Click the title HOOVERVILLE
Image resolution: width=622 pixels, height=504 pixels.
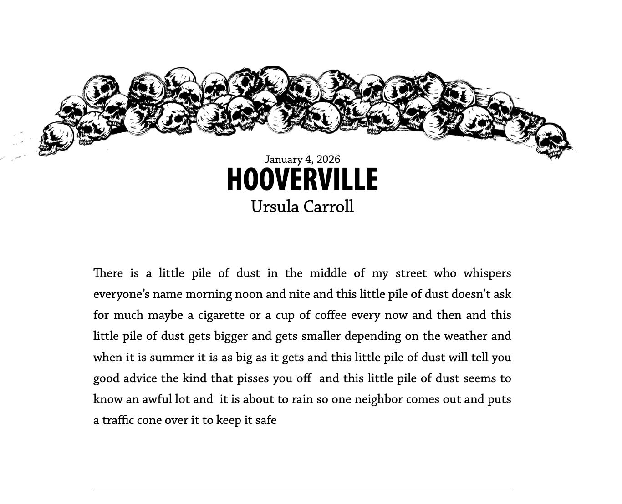pyautogui.click(x=302, y=179)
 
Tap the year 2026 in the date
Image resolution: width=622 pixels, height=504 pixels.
pyautogui.click(x=328, y=159)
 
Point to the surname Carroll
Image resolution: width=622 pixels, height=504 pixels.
pyautogui.click(x=328, y=207)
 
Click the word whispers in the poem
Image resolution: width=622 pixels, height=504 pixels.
pyautogui.click(x=487, y=273)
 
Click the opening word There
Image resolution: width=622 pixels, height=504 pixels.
pyautogui.click(x=108, y=273)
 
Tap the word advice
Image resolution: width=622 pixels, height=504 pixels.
pyautogui.click(x=140, y=378)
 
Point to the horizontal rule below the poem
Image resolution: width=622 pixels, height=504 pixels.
pyautogui.click(x=302, y=490)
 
